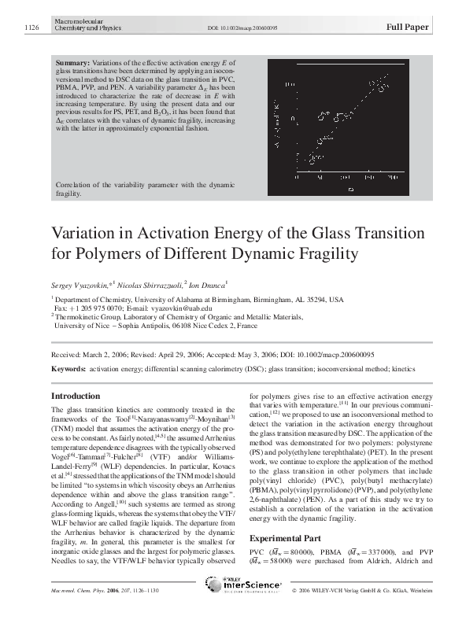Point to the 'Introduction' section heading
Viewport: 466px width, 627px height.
click(x=75, y=396)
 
